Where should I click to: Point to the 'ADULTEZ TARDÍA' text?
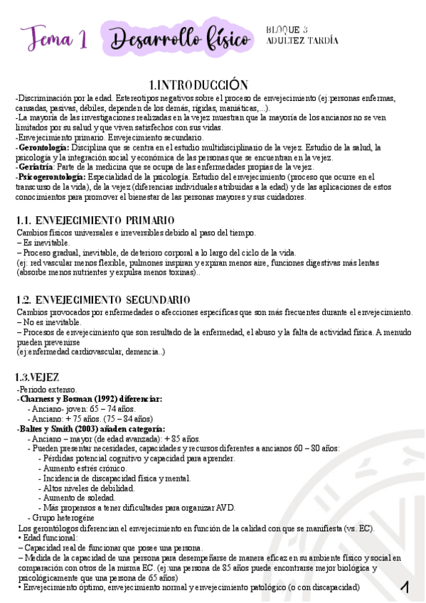pyautogui.click(x=302, y=41)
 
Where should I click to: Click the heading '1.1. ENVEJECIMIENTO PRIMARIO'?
pyautogui.click(x=95, y=220)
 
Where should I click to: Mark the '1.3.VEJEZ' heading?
pyautogui.click(x=38, y=377)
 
